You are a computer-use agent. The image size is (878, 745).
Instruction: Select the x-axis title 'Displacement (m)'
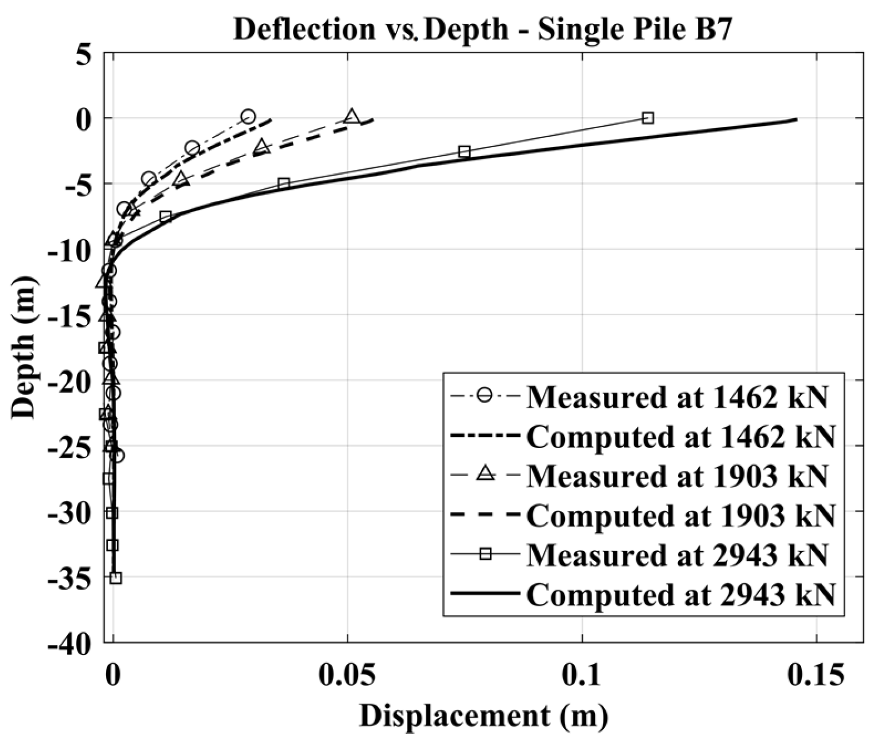point(483,716)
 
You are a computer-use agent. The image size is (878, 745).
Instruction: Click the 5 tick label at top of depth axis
point(85,54)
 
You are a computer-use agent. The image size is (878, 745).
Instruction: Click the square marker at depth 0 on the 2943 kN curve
point(647,118)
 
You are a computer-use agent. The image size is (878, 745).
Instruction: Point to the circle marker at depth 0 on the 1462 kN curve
point(248,116)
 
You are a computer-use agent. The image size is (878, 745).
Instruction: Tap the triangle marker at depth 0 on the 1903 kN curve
point(352,116)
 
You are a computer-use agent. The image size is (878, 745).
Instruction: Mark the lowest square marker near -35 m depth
point(116,578)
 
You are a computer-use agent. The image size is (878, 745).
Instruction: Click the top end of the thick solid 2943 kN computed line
point(796,119)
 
